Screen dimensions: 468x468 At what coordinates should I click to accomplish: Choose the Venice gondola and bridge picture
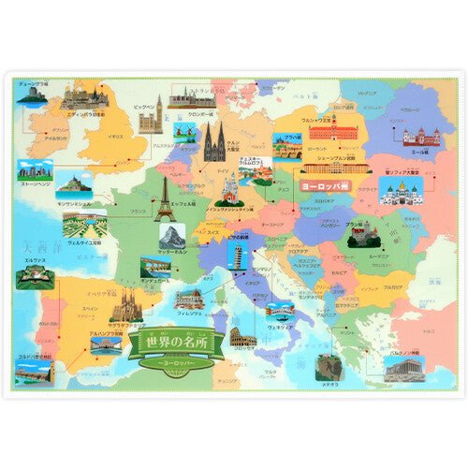[x=280, y=311]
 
